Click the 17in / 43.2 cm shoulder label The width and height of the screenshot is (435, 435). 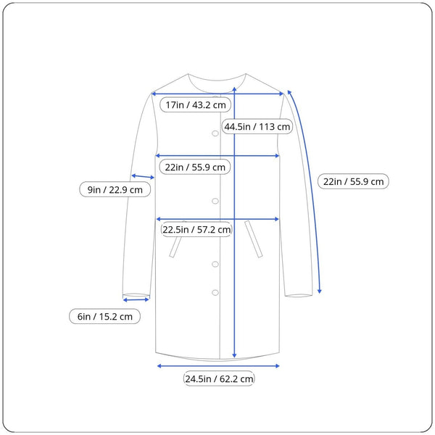pos(195,105)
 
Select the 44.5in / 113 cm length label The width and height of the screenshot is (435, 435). pos(257,126)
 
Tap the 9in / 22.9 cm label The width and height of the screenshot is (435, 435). pos(115,190)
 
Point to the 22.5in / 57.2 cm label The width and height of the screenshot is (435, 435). pos(196,229)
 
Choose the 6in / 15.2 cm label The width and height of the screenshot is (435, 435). pos(105,316)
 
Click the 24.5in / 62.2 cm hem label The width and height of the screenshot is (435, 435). pos(219,378)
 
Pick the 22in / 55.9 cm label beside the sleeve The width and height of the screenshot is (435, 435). pos(354,181)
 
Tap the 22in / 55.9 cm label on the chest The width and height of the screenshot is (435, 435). pos(195,167)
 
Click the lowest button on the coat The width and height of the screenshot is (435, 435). pos(215,292)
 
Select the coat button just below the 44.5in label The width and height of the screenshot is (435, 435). pos(215,133)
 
